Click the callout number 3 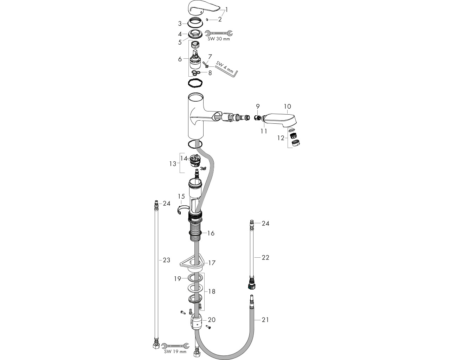pos(180,24)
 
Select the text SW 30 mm pos(219,39)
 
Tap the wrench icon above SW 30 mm pos(219,33)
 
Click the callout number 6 pos(180,59)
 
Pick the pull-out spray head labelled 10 pos(279,121)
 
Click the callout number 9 pos(258,106)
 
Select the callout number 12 pos(281,138)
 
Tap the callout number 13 pos(173,164)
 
